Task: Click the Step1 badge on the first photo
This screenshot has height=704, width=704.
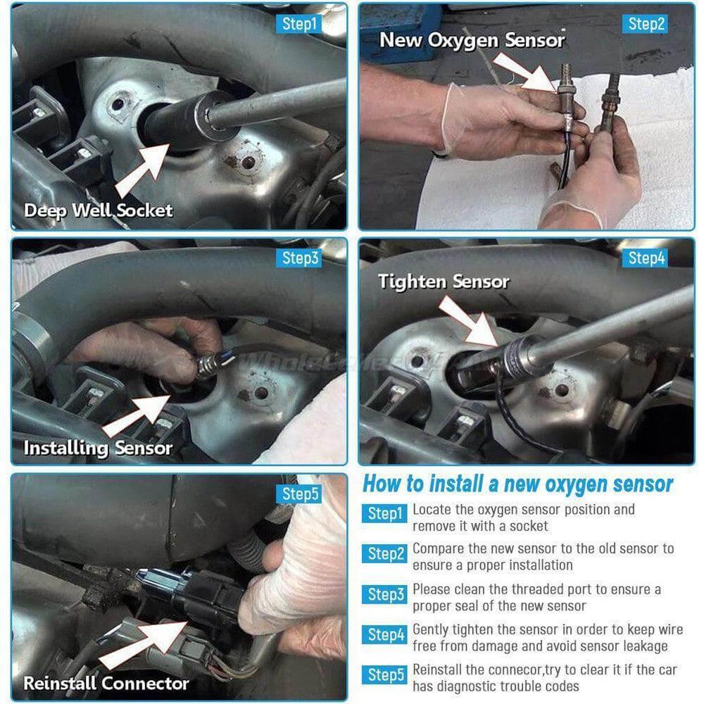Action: (298, 24)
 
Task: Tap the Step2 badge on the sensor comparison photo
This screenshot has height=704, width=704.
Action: (645, 24)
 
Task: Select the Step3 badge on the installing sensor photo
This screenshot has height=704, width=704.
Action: (299, 258)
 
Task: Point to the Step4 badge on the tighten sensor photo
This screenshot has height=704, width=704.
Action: (645, 258)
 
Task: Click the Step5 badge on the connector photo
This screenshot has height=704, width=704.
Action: (299, 494)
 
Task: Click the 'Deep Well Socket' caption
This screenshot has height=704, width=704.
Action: (99, 210)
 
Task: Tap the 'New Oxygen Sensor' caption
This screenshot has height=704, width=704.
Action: (472, 40)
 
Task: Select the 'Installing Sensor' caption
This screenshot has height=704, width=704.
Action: (98, 448)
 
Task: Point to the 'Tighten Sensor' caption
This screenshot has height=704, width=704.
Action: (444, 282)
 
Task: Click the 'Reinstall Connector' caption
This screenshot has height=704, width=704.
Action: (106, 684)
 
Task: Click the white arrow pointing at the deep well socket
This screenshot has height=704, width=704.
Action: (143, 170)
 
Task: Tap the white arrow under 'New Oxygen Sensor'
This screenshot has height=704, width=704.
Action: (525, 72)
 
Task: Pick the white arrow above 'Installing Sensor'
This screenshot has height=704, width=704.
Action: (137, 416)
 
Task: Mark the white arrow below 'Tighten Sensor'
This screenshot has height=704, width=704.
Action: (469, 321)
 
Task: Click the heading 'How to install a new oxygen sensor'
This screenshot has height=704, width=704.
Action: (517, 484)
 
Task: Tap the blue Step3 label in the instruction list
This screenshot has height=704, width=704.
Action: (385, 594)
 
